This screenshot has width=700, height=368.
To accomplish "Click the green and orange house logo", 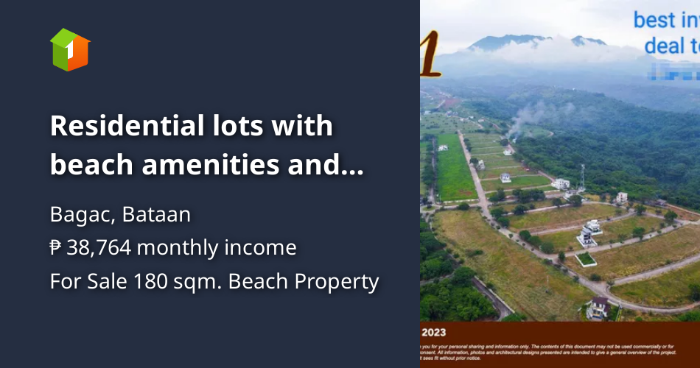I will point(70,50).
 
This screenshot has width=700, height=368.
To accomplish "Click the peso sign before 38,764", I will point(56,248).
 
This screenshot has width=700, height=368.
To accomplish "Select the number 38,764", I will point(99,248).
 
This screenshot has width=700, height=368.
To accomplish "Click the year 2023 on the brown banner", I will point(434,332).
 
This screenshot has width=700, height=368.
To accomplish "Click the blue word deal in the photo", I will point(668,46).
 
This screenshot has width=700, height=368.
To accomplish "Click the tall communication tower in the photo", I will point(583,175).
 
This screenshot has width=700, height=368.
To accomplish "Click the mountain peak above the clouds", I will point(508,39).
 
